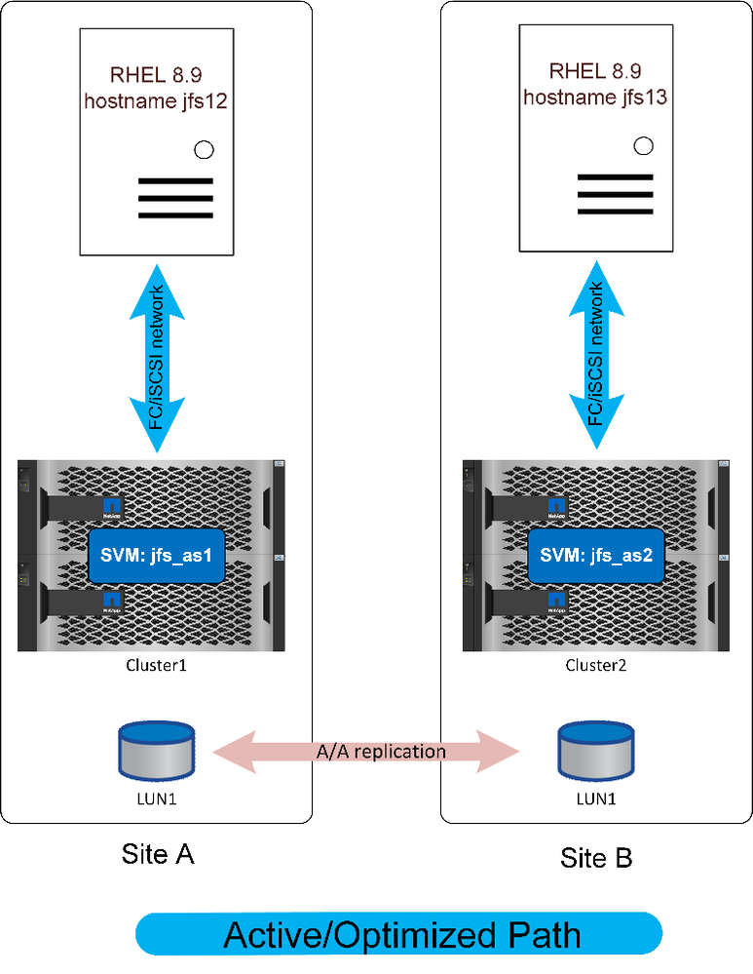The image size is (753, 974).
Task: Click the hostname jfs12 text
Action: pos(156,100)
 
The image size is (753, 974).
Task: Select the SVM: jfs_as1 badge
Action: pos(158,558)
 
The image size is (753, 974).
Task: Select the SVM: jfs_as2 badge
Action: pos(597,557)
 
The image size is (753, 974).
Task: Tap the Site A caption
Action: pos(158,853)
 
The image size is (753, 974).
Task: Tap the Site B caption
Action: pos(596,857)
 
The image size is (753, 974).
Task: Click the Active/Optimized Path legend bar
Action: pos(399,933)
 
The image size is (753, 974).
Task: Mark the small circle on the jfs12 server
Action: pos(205,149)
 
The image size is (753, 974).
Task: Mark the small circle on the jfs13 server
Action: pos(643,146)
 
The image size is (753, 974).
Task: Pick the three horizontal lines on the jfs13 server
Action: pos(614,194)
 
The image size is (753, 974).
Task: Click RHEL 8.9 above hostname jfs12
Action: pos(156,74)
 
